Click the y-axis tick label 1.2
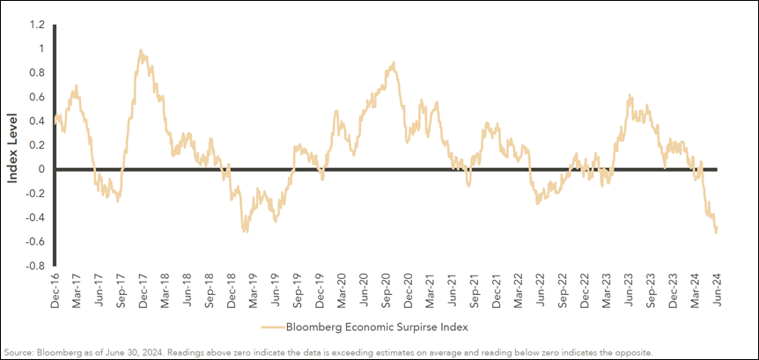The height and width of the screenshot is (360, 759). [x=37, y=25]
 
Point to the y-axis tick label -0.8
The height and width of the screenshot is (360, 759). [x=34, y=266]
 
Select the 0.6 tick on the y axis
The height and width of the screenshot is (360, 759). [x=37, y=97]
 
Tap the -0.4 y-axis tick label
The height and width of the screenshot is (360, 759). [x=34, y=217]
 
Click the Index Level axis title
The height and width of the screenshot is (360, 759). [x=13, y=144]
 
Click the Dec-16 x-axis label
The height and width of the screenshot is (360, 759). [x=54, y=289]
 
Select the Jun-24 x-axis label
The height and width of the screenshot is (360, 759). [x=717, y=289]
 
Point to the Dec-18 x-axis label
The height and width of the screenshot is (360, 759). [x=231, y=289]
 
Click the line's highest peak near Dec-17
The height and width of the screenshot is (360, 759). [x=141, y=50]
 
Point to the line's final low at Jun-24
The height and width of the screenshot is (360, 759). [x=716, y=232]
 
